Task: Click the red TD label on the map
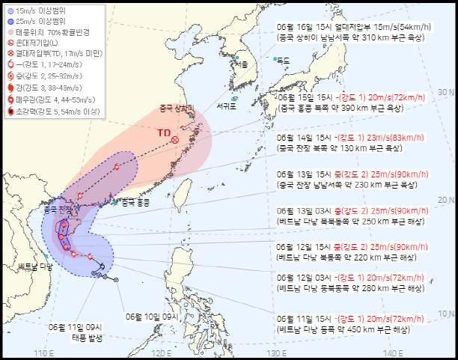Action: click(163, 132)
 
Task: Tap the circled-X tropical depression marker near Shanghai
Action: click(175, 139)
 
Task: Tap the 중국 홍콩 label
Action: click(135, 201)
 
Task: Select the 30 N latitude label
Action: click(446, 92)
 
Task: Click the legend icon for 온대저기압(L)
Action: click(10, 44)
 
